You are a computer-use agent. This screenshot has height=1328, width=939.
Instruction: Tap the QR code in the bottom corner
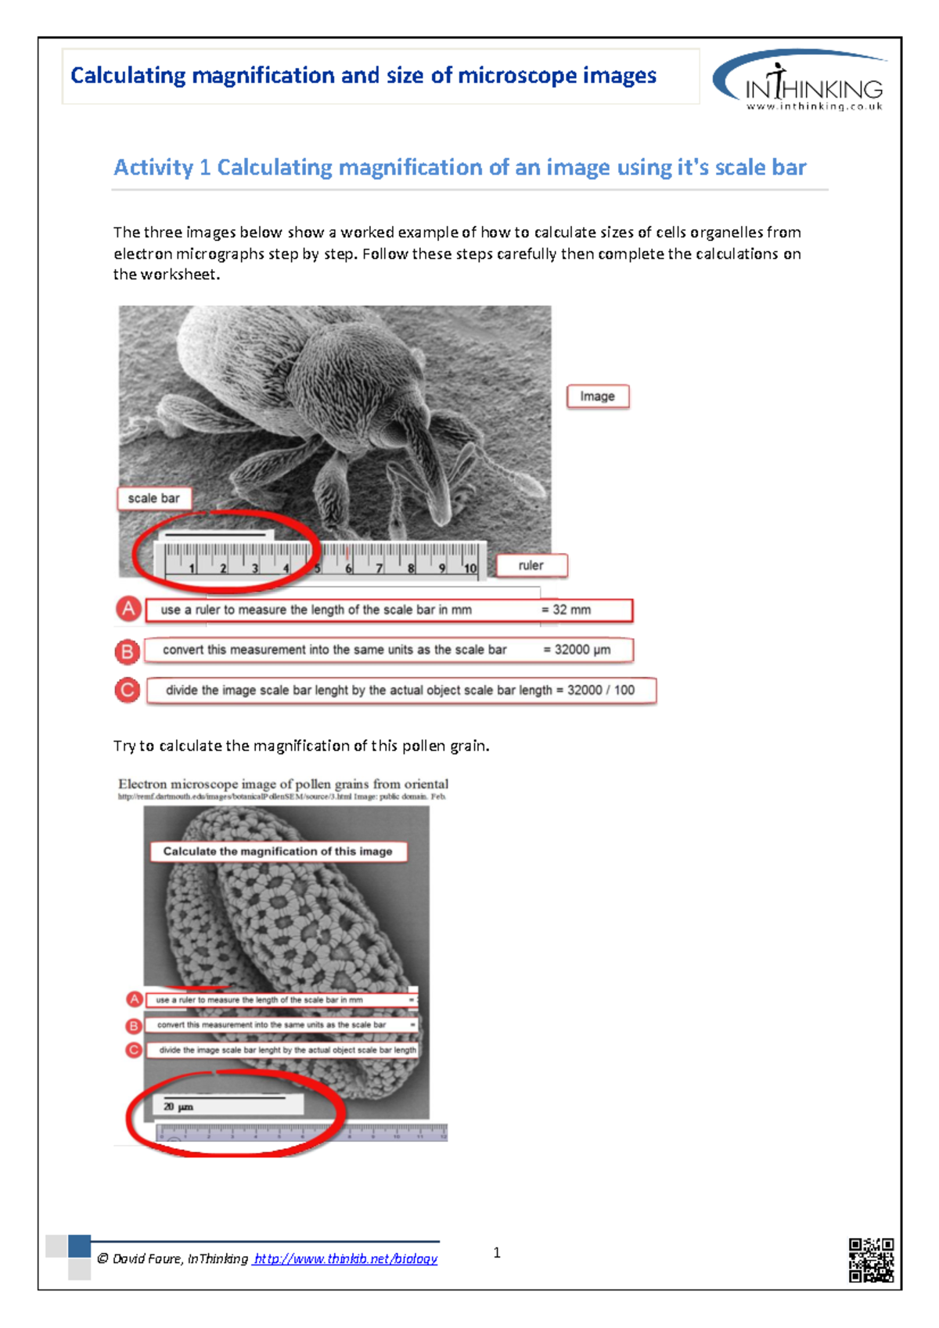[871, 1259]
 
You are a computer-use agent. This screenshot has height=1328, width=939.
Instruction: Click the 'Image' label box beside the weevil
[598, 397]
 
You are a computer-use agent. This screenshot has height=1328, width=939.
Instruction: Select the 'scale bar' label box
[154, 498]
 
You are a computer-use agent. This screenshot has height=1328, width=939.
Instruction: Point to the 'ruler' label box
[531, 565]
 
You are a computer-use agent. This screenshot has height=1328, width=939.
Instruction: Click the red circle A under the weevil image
[128, 609]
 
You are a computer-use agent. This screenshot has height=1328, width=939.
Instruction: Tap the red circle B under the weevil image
[127, 651]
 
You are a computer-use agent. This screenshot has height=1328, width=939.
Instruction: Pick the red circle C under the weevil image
[127, 691]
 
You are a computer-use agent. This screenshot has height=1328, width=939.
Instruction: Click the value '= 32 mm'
[567, 610]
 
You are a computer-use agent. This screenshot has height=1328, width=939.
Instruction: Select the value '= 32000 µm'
[577, 650]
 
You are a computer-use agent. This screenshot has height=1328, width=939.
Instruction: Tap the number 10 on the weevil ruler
[470, 569]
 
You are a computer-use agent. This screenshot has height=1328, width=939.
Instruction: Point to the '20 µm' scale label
[178, 1107]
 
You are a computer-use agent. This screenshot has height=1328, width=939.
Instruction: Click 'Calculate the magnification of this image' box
[278, 852]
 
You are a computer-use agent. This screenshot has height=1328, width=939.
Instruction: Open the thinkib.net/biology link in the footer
[345, 1258]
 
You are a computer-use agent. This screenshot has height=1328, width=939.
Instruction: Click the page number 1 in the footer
[497, 1253]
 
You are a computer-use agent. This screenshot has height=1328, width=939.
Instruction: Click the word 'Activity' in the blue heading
[153, 167]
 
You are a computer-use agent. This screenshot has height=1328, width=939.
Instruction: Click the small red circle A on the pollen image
[135, 1000]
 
